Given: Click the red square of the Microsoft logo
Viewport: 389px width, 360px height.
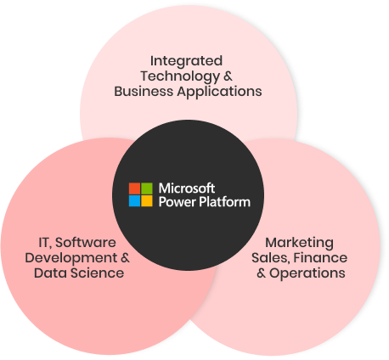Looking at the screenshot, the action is pyautogui.click(x=134, y=188).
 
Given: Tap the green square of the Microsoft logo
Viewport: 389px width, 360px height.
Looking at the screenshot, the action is pyautogui.click(x=147, y=188).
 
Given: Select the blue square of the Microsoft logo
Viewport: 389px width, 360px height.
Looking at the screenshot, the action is pyautogui.click(x=134, y=201).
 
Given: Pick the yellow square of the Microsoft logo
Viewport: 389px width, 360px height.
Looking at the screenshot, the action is pyautogui.click(x=147, y=201).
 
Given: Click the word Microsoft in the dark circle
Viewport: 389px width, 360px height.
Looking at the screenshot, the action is pyautogui.click(x=187, y=188).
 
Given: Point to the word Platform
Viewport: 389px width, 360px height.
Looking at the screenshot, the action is pyautogui.click(x=225, y=202).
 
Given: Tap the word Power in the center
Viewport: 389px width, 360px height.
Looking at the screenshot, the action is pyautogui.click(x=178, y=202).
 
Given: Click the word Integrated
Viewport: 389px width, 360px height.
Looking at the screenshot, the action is pyautogui.click(x=186, y=61).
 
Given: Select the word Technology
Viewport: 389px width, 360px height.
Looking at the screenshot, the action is pyautogui.click(x=180, y=76).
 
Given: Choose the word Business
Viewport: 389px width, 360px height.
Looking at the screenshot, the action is pyautogui.click(x=144, y=92).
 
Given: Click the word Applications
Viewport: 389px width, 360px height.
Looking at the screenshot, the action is pyautogui.click(x=219, y=92).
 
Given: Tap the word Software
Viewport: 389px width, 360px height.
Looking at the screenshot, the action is pyautogui.click(x=86, y=243).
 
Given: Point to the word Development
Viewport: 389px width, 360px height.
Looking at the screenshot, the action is pyautogui.click(x=71, y=258).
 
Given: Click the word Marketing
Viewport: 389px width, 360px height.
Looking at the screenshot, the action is pyautogui.click(x=299, y=243).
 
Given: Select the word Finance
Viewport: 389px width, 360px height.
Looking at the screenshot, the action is pyautogui.click(x=320, y=258).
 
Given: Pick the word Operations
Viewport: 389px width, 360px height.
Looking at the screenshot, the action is pyautogui.click(x=307, y=273).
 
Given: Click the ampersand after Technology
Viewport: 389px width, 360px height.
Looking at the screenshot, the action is pyautogui.click(x=228, y=76).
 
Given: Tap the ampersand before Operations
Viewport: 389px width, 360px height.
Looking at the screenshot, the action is pyautogui.click(x=261, y=273).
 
